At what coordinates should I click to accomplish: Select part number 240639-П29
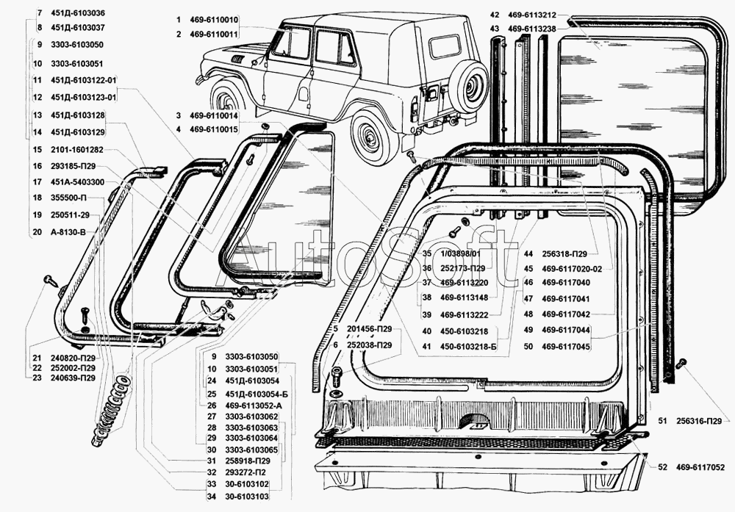click(x=72, y=378)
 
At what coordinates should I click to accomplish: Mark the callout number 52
click(x=662, y=466)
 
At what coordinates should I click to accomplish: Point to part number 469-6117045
click(x=566, y=346)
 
